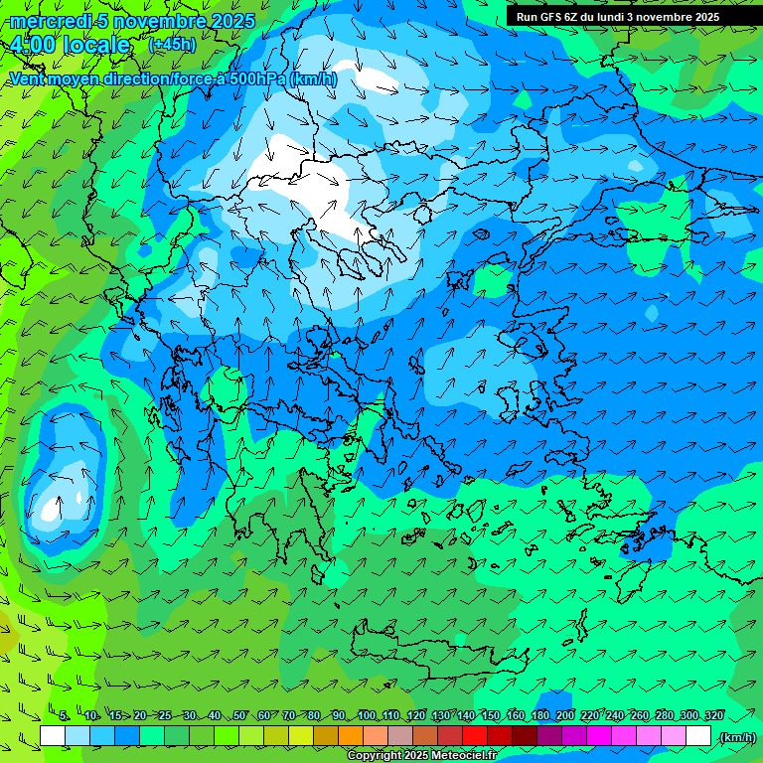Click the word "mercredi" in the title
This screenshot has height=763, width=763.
tap(47, 21)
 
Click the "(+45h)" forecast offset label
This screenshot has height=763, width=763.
tap(171, 45)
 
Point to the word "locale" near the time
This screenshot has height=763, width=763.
tap(96, 45)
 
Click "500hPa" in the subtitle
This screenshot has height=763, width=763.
tap(256, 78)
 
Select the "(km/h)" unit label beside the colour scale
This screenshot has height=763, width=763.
tap(736, 736)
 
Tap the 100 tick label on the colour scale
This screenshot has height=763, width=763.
tap(368, 715)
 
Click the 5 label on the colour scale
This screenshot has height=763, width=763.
tap(64, 715)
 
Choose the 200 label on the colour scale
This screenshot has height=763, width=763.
tap(566, 715)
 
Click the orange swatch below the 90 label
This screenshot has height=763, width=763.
tap(351, 736)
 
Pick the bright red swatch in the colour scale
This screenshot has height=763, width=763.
tap(475, 736)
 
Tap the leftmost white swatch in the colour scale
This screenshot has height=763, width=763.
tap(53, 736)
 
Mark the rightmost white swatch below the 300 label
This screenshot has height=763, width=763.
tap(698, 736)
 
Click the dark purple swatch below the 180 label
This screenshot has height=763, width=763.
tap(549, 736)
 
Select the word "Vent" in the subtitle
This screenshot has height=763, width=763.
tap(27, 78)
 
